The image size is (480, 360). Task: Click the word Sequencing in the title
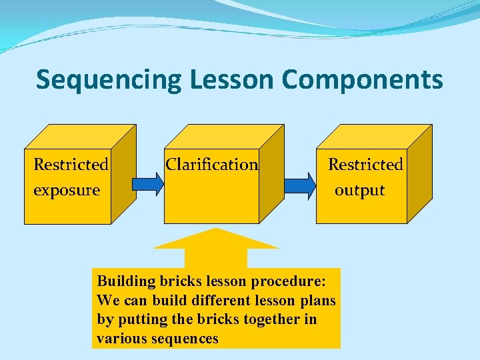[109, 80]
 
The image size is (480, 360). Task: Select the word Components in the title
[362, 80]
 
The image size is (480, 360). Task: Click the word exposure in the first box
[67, 190]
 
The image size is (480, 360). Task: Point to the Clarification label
[211, 164]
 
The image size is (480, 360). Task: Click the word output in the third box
[359, 190]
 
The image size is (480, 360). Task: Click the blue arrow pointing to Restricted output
[299, 183]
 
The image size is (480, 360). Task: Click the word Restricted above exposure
[71, 164]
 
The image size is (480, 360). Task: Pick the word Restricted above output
[365, 164]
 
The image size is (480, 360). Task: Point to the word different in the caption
[195, 300]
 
